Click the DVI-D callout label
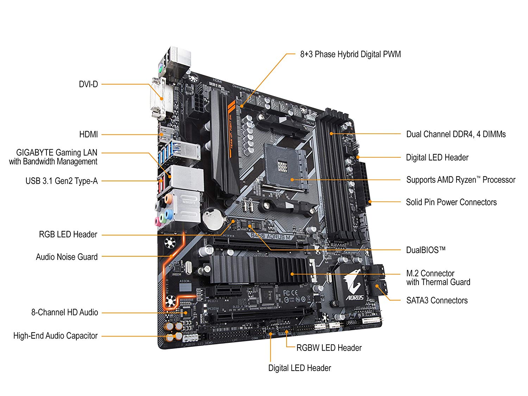88,84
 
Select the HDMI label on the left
88,134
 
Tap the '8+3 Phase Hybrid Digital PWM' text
350,54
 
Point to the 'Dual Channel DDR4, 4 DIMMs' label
456,134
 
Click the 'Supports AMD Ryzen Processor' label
460,180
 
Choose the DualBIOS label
426,250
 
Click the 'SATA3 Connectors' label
437,301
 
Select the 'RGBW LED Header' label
329,348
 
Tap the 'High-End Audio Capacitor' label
55,336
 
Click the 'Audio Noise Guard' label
67,257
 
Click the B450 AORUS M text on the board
271,237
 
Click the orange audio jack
168,199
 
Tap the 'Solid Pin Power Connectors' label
451,202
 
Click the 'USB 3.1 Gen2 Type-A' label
61,181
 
